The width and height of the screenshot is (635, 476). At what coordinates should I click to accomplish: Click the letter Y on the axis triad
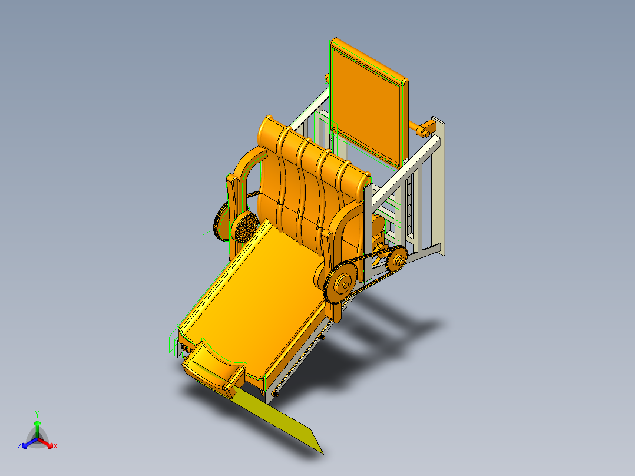pyautogui.click(x=37, y=414)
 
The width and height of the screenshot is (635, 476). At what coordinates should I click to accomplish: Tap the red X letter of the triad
pyautogui.click(x=55, y=447)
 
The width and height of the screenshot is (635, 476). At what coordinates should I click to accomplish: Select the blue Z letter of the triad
pyautogui.click(x=19, y=447)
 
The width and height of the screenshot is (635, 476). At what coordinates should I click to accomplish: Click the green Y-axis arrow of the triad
pyautogui.click(x=37, y=425)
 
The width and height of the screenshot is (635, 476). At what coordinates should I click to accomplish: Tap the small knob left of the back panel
pyautogui.click(x=327, y=78)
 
